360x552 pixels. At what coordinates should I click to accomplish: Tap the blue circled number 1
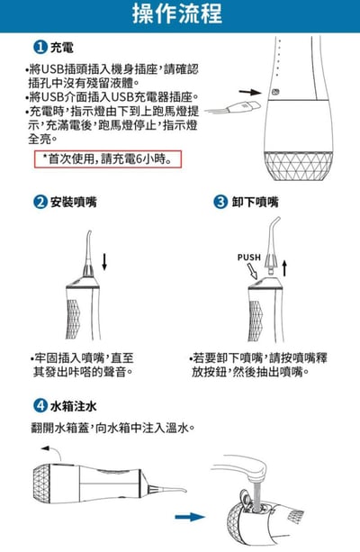pyautogui.click(x=40, y=46)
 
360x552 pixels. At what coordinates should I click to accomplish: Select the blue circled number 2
pyautogui.click(x=40, y=203)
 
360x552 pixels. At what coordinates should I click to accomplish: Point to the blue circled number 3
pyautogui.click(x=220, y=203)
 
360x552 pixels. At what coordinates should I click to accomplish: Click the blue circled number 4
pyautogui.click(x=40, y=405)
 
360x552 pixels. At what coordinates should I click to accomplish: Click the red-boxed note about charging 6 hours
pyautogui.click(x=111, y=159)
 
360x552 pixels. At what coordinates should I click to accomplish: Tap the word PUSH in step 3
pyautogui.click(x=248, y=258)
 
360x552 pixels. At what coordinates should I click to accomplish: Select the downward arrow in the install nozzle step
pyautogui.click(x=104, y=262)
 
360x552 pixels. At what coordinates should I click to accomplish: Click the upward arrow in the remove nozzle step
pyautogui.click(x=284, y=267)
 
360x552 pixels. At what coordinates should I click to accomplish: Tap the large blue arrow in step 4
pyautogui.click(x=190, y=517)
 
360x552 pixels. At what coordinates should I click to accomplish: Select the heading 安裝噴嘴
pyautogui.click(x=71, y=203)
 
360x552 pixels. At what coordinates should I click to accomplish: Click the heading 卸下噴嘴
pyautogui.click(x=250, y=203)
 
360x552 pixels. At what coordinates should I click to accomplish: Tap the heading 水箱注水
pyautogui.click(x=71, y=405)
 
